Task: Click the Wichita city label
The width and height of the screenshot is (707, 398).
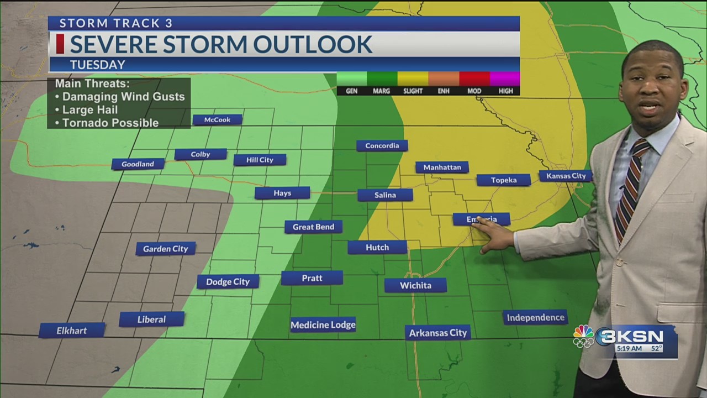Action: click(x=415, y=285)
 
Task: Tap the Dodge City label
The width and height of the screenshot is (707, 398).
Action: click(x=228, y=282)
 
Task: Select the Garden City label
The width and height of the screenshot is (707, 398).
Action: click(x=166, y=249)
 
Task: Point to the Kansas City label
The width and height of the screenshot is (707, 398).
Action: click(x=566, y=176)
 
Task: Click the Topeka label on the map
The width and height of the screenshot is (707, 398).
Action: click(x=503, y=180)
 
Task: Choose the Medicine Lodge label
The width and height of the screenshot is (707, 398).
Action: click(x=323, y=325)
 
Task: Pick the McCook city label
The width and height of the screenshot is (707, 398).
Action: click(x=217, y=119)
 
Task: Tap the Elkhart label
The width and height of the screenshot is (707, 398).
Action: click(x=72, y=331)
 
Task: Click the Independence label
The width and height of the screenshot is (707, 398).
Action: click(x=535, y=317)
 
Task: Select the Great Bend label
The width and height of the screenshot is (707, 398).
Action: click(x=313, y=227)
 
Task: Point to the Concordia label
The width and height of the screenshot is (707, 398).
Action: click(x=382, y=146)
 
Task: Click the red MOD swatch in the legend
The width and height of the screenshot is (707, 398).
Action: click(x=474, y=78)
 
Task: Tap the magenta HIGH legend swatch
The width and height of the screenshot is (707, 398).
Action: click(x=505, y=78)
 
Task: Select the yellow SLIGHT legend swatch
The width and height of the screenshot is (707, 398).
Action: click(x=413, y=78)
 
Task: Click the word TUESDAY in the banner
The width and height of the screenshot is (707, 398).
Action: click(x=97, y=65)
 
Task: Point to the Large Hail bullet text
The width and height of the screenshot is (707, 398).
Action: click(x=89, y=109)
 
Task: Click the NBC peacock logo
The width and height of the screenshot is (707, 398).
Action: click(x=583, y=336)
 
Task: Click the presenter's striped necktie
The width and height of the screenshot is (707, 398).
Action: click(x=630, y=188)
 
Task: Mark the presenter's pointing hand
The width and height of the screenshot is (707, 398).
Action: click(x=493, y=235)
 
